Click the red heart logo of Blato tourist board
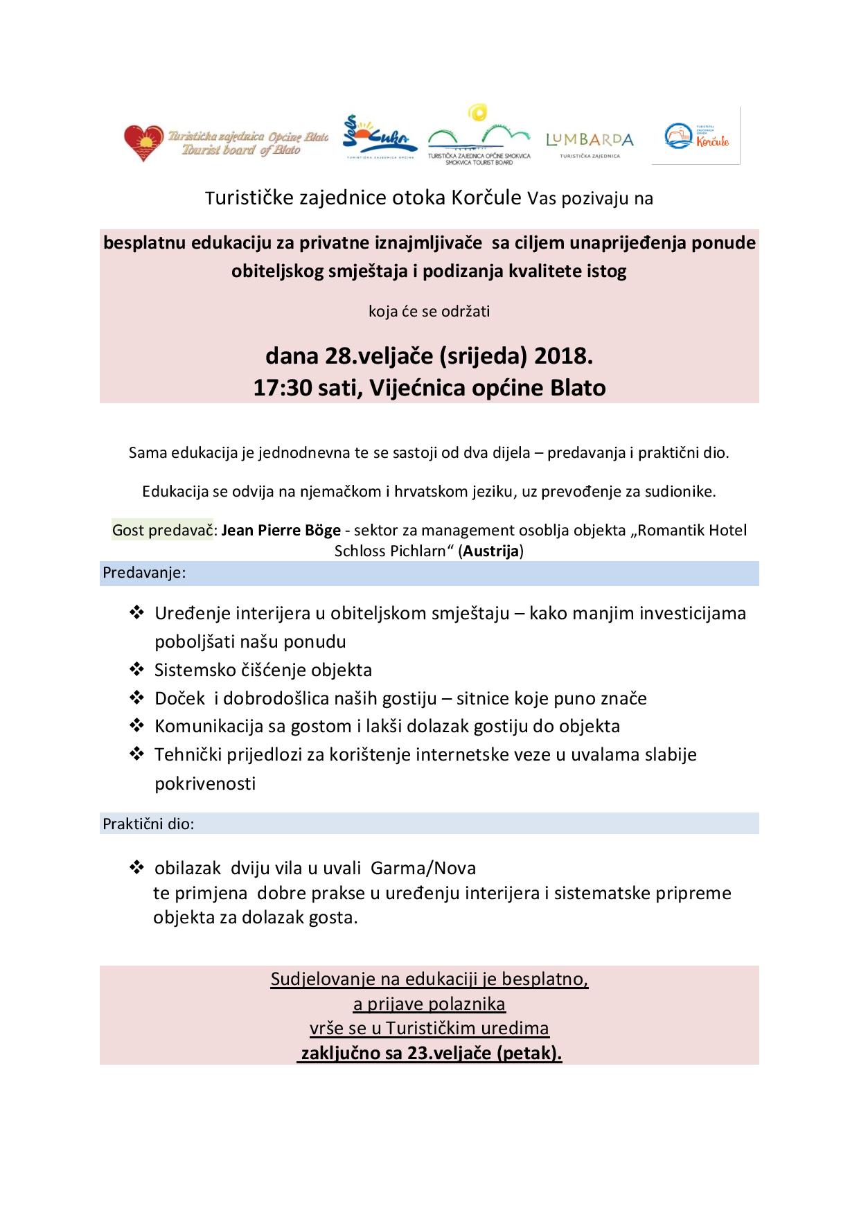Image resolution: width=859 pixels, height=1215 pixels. (144, 143)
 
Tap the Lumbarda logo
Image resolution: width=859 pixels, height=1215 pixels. (590, 141)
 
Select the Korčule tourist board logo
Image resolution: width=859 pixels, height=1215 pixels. (696, 136)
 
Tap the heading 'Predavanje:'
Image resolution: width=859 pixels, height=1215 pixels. (144, 573)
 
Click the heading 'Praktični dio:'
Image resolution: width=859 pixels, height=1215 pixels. (148, 824)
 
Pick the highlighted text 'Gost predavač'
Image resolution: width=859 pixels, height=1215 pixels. (162, 531)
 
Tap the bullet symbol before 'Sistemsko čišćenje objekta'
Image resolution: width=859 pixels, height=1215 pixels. (136, 669)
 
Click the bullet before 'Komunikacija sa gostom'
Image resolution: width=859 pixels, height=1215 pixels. (136, 726)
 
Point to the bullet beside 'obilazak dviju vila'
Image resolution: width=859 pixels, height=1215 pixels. (136, 867)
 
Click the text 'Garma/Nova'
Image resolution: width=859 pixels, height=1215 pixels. (423, 868)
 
